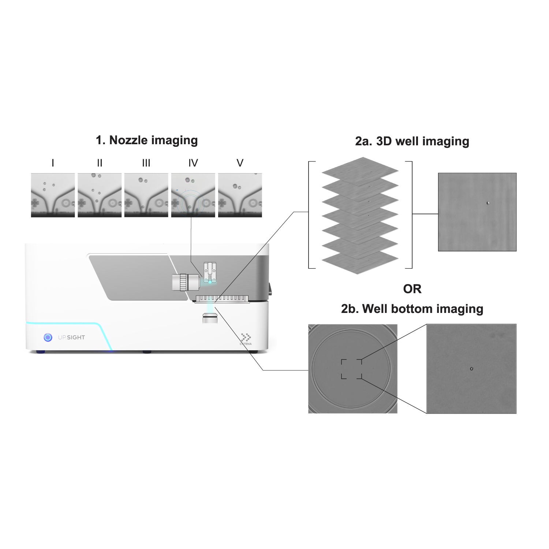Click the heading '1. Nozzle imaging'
pyautogui.click(x=146, y=140)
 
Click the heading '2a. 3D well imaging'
pyautogui.click(x=412, y=141)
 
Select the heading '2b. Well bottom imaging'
pyautogui.click(x=412, y=309)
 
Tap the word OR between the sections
pyautogui.click(x=412, y=289)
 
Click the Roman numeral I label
pyautogui.click(x=53, y=163)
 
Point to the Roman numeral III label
pyautogui.click(x=146, y=163)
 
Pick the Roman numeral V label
pyautogui.click(x=240, y=163)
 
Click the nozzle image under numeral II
pyautogui.click(x=100, y=195)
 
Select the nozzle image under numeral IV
pyautogui.click(x=193, y=195)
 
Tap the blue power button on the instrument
pyautogui.click(x=48, y=337)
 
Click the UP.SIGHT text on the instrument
pyautogui.click(x=71, y=337)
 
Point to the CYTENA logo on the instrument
pyautogui.click(x=246, y=339)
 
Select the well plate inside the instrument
pyautogui.click(x=223, y=299)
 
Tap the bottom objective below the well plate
pyautogui.click(x=210, y=317)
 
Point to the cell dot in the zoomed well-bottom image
pyautogui.click(x=471, y=369)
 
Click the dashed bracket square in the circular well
pyautogui.click(x=352, y=369)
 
